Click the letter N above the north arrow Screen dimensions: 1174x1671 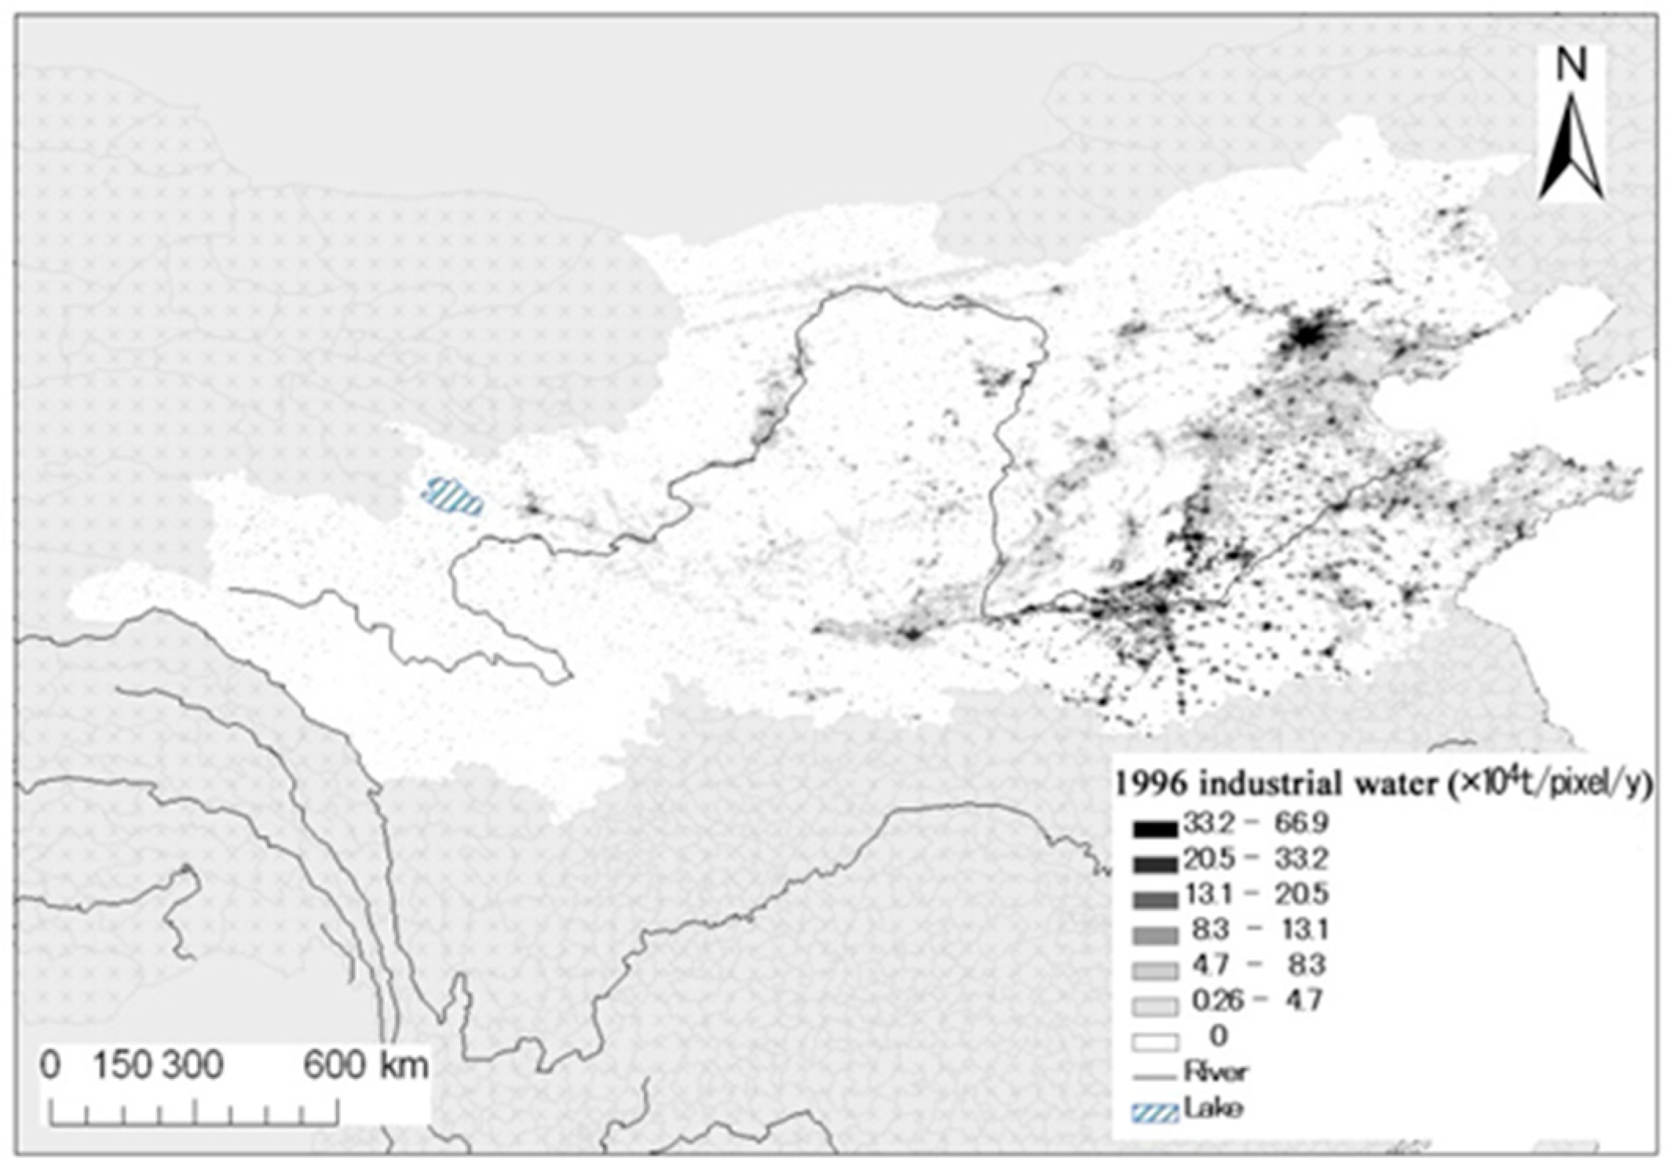1571,64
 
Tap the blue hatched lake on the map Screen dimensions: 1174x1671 453,496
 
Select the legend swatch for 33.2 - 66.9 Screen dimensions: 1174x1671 1155,828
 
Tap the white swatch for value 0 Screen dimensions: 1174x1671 1155,1042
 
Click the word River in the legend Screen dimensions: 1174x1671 1216,1071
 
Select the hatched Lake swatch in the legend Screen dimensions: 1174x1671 1155,1113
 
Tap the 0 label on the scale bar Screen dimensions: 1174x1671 50,1066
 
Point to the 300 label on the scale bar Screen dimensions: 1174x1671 193,1066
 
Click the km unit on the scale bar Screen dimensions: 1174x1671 404,1066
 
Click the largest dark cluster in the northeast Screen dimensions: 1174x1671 1307,335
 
